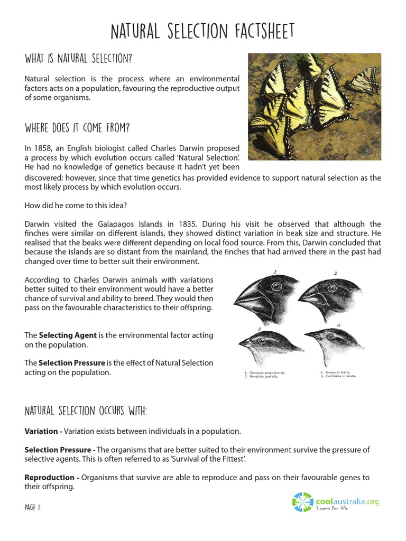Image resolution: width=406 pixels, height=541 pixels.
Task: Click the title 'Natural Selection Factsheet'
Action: coord(202,32)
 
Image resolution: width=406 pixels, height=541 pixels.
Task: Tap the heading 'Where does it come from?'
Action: coord(77,128)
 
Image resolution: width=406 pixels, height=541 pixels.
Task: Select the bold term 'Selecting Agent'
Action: coord(68,335)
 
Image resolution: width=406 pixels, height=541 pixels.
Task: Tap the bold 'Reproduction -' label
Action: coord(52,478)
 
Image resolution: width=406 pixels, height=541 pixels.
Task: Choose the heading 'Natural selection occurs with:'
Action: coord(86,411)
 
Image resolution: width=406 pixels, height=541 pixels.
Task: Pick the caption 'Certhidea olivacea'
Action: coord(341,377)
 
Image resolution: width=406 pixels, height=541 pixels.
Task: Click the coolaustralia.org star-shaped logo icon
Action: coord(303,502)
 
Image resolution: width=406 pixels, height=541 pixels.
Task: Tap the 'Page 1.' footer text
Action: coord(33,507)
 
